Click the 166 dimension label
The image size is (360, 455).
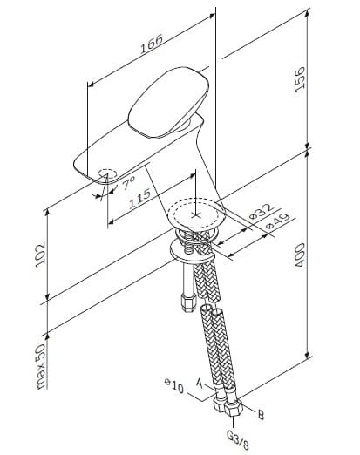point(152,44)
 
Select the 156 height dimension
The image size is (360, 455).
point(300,79)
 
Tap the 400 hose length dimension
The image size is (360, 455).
point(300,255)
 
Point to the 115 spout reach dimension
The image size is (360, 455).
point(139,199)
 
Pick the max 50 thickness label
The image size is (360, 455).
point(40,366)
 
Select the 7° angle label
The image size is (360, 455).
point(128,183)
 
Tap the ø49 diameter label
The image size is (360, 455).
point(278,221)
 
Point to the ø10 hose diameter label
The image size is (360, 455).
point(174,385)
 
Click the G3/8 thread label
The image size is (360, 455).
point(238,440)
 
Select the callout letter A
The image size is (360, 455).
point(199,384)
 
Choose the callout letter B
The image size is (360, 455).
point(261,415)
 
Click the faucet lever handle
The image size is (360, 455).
point(168,102)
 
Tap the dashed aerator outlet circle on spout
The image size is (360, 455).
point(107,173)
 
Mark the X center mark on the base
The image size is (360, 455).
point(196,215)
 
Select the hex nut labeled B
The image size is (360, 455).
point(234,407)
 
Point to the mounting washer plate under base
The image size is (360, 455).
point(192,250)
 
